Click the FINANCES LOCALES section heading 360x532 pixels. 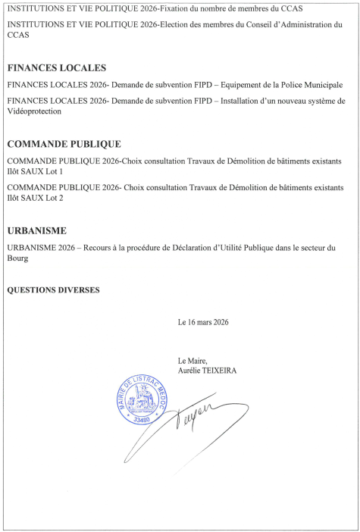tap(55, 67)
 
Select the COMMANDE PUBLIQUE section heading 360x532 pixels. tap(63, 144)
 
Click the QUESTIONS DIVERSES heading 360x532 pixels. tap(52, 289)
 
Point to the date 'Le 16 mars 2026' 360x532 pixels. tap(203, 322)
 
